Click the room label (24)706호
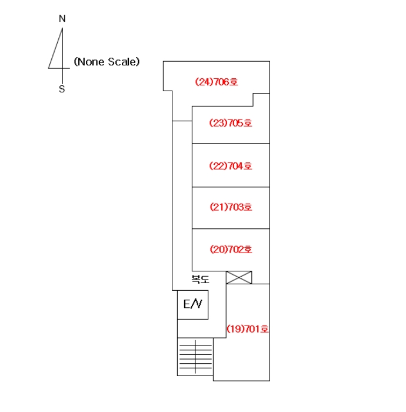[217, 82]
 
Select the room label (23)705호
[231, 123]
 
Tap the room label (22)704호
[231, 166]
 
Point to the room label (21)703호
[231, 207]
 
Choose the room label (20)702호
[231, 250]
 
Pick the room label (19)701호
[248, 329]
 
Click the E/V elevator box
[193, 305]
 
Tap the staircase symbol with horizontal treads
[195, 357]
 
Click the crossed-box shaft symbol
[239, 277]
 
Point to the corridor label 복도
[201, 279]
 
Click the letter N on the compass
[62, 18]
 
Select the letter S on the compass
[62, 89]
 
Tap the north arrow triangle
[56, 48]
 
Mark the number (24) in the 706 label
[204, 82]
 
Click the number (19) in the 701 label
[235, 329]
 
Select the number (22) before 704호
[218, 166]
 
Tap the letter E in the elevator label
[187, 304]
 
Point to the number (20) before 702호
[219, 250]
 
